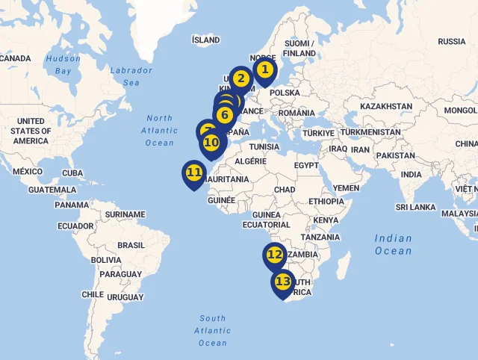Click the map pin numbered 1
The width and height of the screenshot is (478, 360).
pyautogui.click(x=264, y=71)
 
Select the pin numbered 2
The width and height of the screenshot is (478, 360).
pyautogui.click(x=240, y=78)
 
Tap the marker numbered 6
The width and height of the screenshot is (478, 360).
pyautogui.click(x=224, y=115)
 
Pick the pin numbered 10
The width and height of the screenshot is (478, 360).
pyautogui.click(x=211, y=142)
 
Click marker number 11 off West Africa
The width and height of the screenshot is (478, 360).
pyautogui.click(x=194, y=173)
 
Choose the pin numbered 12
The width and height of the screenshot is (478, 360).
pyautogui.click(x=275, y=255)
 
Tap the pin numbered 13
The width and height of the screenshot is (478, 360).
pyautogui.click(x=282, y=282)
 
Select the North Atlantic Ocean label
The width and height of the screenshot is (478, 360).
pyautogui.click(x=159, y=130)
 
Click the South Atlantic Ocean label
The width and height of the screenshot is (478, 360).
pyautogui.click(x=212, y=330)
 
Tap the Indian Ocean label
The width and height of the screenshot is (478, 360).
pyautogui.click(x=393, y=244)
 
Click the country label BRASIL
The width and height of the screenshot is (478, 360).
pyautogui.click(x=131, y=245)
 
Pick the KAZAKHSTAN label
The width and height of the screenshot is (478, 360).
pyautogui.click(x=385, y=107)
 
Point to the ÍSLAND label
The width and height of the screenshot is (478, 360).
pyautogui.click(x=205, y=40)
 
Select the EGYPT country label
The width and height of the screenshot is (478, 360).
pyautogui.click(x=306, y=164)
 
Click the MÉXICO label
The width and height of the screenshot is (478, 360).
pyautogui.click(x=28, y=172)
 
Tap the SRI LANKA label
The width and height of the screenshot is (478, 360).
pyautogui.click(x=417, y=207)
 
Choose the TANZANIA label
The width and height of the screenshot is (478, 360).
pyautogui.click(x=320, y=237)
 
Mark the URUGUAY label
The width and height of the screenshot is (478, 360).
pyautogui.click(x=124, y=297)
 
